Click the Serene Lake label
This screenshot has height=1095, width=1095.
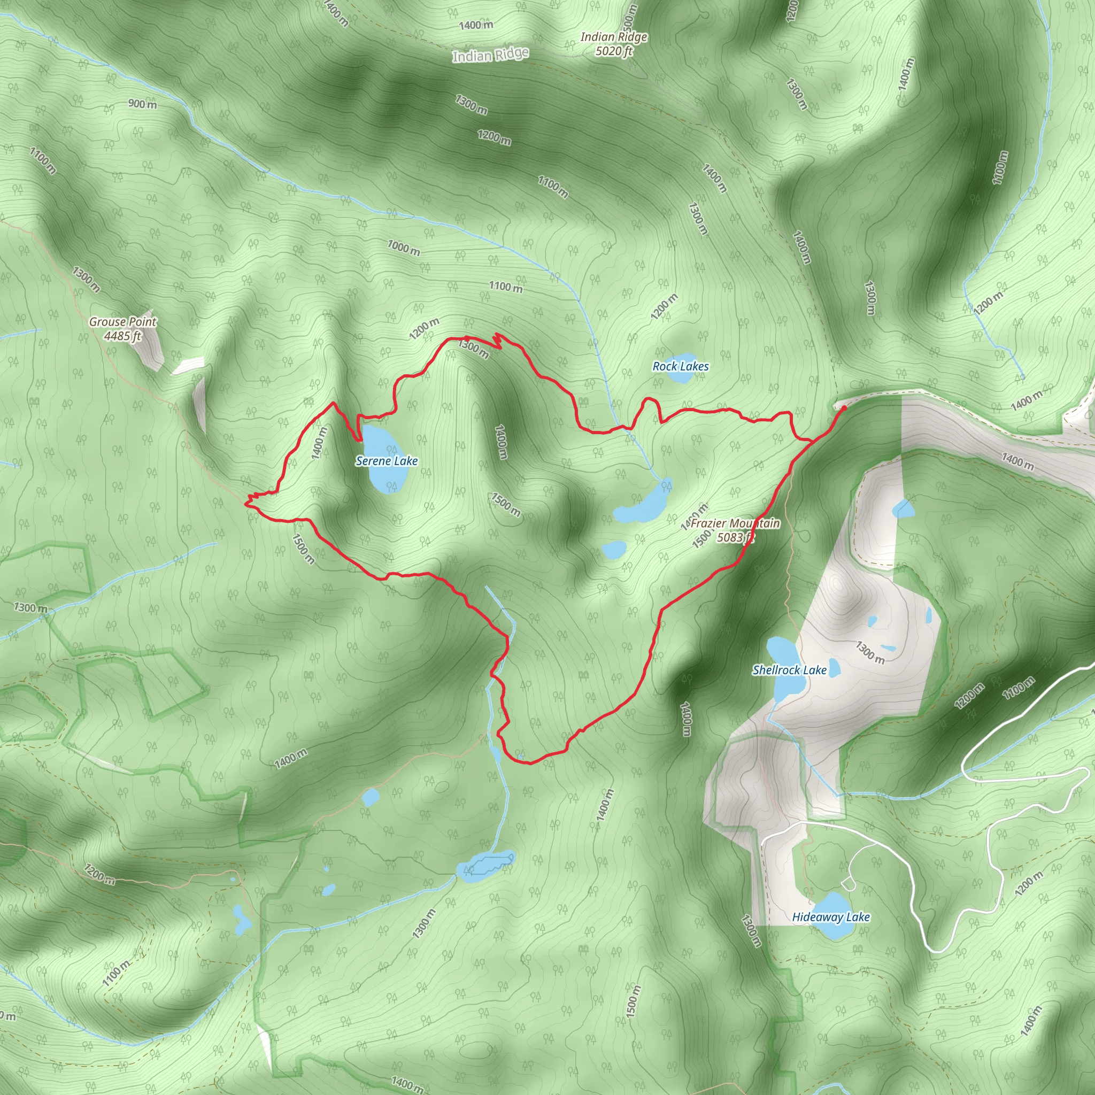coord(387,461)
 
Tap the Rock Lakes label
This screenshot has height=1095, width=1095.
coord(680,366)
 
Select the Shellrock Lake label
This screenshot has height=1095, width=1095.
coord(789,670)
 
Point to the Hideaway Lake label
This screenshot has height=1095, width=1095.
coord(830,916)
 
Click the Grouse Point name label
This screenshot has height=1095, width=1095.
coord(122,321)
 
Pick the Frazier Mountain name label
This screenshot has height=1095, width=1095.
coord(735,523)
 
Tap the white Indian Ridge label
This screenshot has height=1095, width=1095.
coord(490,55)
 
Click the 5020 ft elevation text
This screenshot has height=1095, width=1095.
coord(614,51)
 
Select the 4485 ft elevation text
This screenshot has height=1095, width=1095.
coord(122,336)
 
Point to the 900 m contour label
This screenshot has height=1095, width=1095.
coord(142,104)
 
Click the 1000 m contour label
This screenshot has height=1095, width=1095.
coord(404,247)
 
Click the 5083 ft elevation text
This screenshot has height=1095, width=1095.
coord(735,537)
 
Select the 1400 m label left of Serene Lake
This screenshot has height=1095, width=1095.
coord(319,443)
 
